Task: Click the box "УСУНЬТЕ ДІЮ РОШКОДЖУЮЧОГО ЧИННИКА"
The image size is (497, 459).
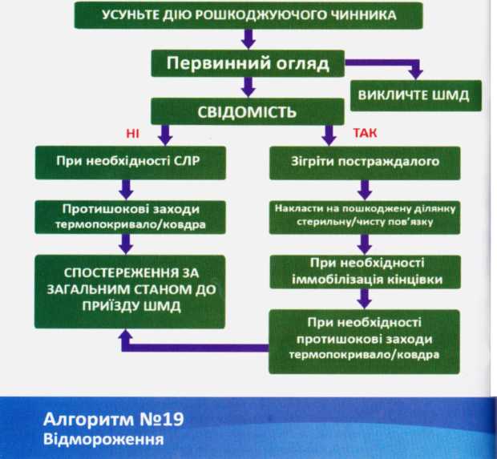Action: (x=248, y=15)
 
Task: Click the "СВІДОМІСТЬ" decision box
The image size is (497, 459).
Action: (x=248, y=111)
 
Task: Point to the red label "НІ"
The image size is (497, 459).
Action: (x=132, y=133)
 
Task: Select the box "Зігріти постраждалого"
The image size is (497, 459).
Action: (x=364, y=163)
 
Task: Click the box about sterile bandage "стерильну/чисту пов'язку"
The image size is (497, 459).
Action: (x=364, y=215)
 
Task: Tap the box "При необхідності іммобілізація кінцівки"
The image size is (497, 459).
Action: (x=364, y=270)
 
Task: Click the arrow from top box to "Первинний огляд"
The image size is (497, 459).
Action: (x=248, y=38)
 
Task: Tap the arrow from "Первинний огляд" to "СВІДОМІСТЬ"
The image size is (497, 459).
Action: (x=248, y=86)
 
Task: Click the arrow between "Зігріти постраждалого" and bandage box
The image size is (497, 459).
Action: (x=365, y=189)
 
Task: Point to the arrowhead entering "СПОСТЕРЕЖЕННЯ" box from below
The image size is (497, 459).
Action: (x=126, y=340)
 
